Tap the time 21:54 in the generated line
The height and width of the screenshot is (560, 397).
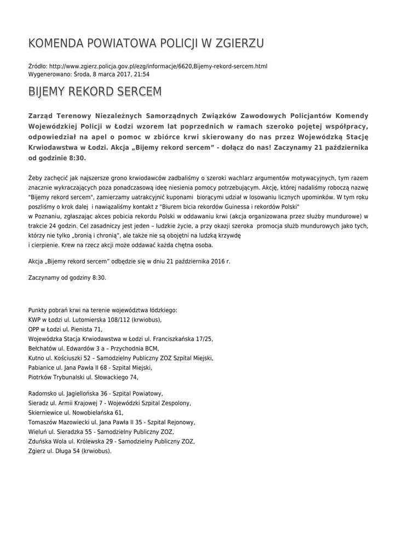(x=142, y=74)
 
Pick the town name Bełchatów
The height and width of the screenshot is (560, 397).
(x=42, y=348)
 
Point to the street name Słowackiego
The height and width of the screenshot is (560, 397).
(x=110, y=377)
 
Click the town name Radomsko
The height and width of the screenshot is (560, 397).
(x=43, y=393)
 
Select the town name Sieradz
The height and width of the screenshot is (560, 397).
(x=39, y=403)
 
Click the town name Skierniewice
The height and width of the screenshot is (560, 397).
(x=46, y=413)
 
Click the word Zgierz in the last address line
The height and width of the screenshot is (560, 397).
(x=37, y=451)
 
